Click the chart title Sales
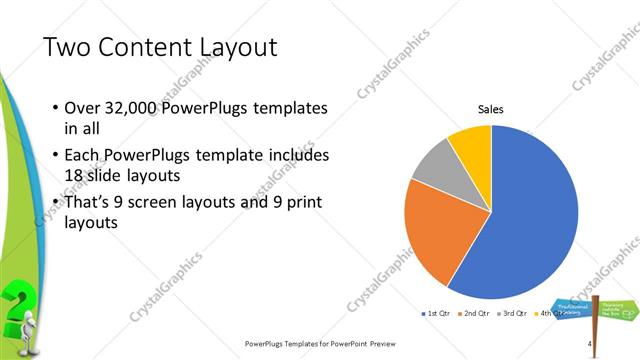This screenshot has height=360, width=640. click(490, 109)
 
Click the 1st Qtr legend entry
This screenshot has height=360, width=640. click(436, 315)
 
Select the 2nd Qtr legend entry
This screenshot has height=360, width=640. click(476, 315)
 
